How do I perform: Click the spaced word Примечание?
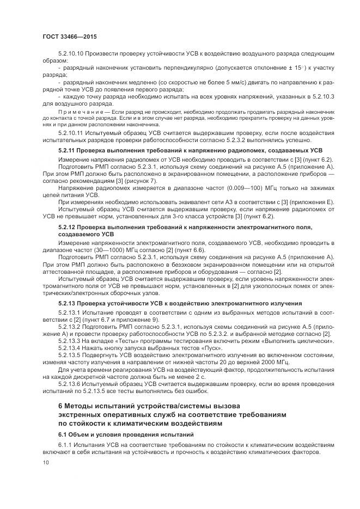[x=76, y=111]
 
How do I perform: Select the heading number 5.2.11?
[x=67, y=149]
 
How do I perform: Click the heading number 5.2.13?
[x=67, y=303]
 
